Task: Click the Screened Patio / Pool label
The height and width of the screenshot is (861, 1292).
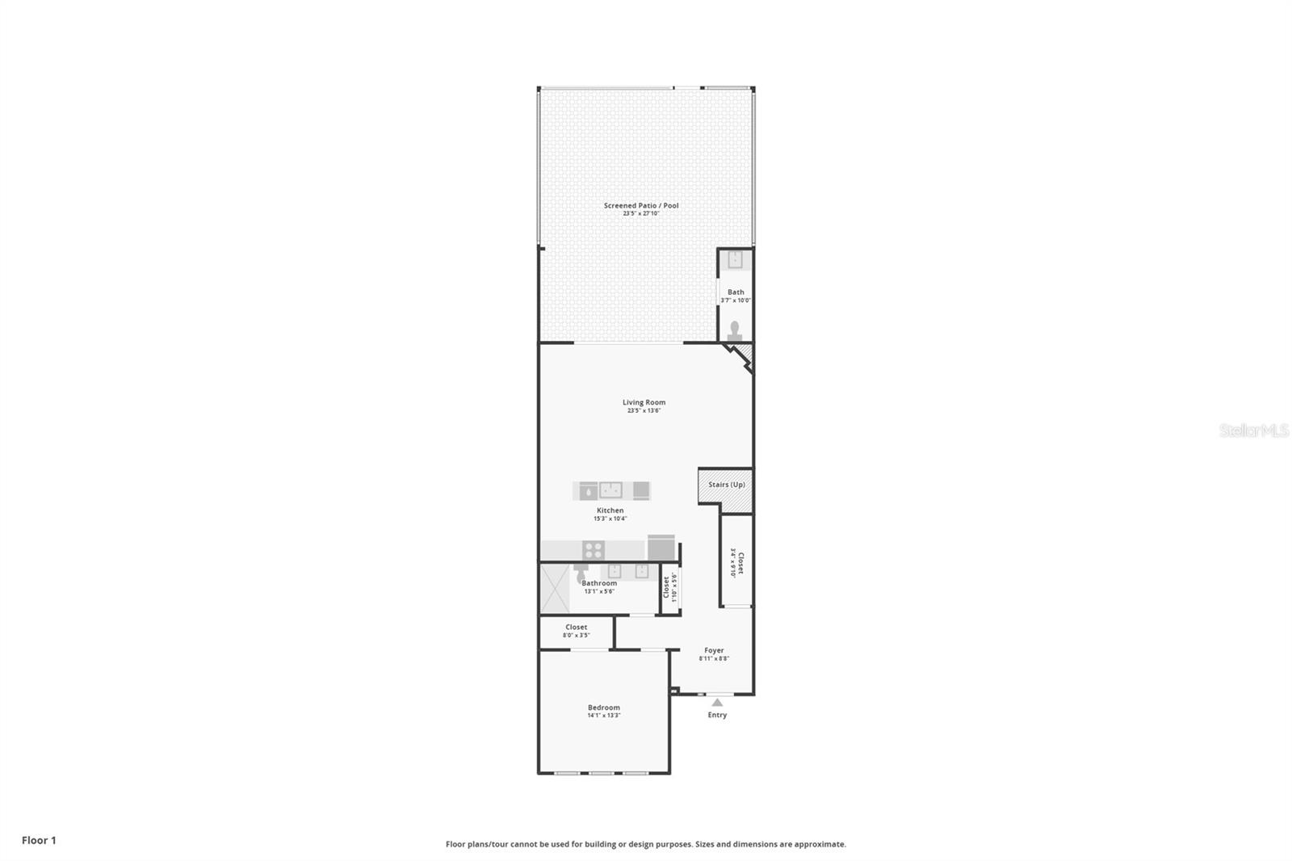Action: (x=641, y=205)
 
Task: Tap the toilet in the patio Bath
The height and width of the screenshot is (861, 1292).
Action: (x=735, y=331)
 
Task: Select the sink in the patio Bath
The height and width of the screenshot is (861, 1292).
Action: (x=735, y=260)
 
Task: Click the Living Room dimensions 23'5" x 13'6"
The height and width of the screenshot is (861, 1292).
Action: (x=644, y=410)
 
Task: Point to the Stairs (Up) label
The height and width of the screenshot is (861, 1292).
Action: (x=726, y=485)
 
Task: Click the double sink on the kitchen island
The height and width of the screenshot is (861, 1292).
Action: (x=610, y=489)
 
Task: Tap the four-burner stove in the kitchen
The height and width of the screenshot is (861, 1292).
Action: (x=594, y=550)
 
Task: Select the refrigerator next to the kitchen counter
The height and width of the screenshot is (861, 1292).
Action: (x=661, y=548)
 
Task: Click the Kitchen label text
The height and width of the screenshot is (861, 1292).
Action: (x=610, y=510)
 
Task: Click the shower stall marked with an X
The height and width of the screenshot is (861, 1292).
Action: (x=554, y=588)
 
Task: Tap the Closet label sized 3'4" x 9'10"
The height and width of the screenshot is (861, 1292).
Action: (x=736, y=562)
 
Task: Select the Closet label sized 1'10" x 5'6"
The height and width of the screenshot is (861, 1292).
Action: (x=669, y=587)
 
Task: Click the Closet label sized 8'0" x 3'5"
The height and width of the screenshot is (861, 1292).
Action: (x=576, y=627)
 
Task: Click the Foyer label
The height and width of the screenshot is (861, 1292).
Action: (x=714, y=650)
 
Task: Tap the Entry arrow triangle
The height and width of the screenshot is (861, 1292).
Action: (x=717, y=703)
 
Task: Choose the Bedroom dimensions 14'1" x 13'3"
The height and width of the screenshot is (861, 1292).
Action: (x=603, y=716)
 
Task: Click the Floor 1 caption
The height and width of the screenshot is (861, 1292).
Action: (x=39, y=840)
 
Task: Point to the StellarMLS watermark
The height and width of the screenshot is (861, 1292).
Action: (x=1253, y=430)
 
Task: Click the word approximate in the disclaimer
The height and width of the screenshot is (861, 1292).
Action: (x=820, y=844)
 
